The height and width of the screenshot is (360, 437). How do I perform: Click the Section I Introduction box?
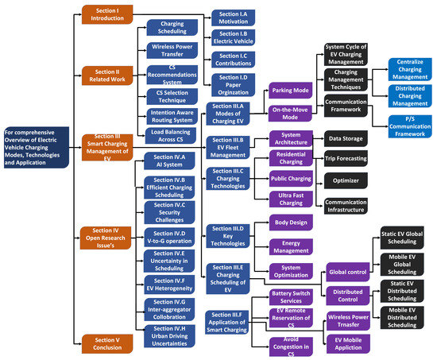[x=108, y=14]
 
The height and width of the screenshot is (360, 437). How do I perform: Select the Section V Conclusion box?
[x=108, y=343]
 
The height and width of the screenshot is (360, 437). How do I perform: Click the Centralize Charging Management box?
[x=410, y=68]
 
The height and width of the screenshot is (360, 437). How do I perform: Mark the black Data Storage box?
[x=345, y=138]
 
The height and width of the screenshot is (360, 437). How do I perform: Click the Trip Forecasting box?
[x=345, y=160]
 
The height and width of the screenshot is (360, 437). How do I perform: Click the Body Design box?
[x=292, y=223]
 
